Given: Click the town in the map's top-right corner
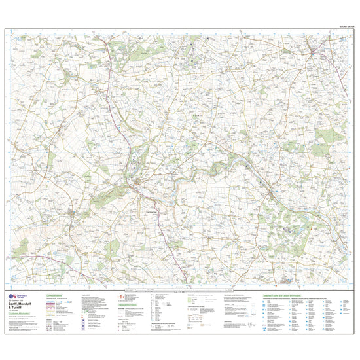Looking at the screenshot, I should [314, 48].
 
